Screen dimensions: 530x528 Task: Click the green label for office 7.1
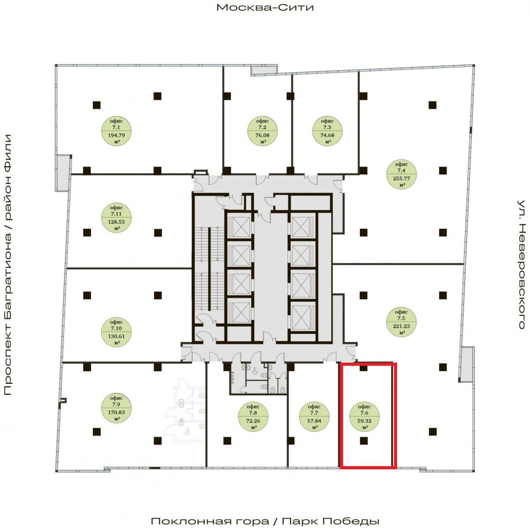click(x=116, y=131)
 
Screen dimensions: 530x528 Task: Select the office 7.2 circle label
click(x=262, y=131)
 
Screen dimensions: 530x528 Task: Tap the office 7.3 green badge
click(x=327, y=131)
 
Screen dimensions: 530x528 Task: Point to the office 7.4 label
click(x=401, y=174)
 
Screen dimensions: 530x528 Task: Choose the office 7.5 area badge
click(x=401, y=322)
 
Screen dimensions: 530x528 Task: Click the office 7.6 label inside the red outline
click(x=364, y=417)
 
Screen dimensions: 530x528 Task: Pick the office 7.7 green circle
click(x=314, y=417)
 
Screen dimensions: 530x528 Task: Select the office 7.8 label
click(x=253, y=417)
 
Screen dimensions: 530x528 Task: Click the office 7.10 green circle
click(x=116, y=332)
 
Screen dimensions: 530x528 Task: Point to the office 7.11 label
click(x=116, y=218)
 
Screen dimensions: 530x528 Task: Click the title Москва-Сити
click(x=265, y=7)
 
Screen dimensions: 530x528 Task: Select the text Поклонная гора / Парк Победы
click(x=265, y=521)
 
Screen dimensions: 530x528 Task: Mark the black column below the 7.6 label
click(x=364, y=441)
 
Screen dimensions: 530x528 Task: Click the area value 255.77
click(x=401, y=178)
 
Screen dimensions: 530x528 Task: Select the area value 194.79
click(x=116, y=135)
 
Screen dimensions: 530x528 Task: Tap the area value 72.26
click(x=253, y=421)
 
